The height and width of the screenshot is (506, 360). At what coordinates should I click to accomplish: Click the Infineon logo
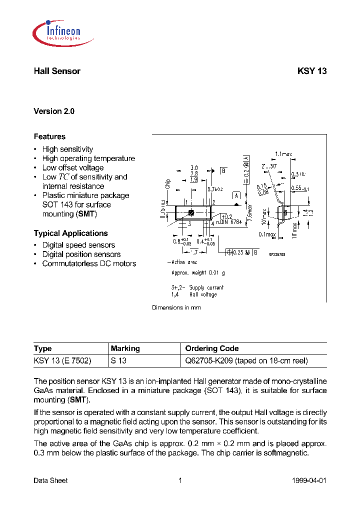(x=56, y=31)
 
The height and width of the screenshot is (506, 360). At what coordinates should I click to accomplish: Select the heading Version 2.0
(x=54, y=111)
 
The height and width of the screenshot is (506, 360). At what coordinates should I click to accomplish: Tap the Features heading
(x=49, y=136)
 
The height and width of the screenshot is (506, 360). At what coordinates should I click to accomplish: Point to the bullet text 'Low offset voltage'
(x=73, y=168)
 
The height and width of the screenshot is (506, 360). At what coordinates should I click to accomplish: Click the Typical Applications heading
(x=70, y=233)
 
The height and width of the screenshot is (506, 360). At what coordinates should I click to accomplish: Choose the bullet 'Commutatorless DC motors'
(x=89, y=263)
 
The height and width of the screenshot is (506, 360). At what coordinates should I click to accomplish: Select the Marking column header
(x=125, y=348)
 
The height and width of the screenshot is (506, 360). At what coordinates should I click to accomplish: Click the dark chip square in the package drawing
(x=191, y=213)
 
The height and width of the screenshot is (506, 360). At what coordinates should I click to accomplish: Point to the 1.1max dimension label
(x=283, y=154)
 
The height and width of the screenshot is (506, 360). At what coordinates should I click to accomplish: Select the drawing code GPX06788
(x=276, y=254)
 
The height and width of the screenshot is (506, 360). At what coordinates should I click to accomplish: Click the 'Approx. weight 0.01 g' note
(x=198, y=273)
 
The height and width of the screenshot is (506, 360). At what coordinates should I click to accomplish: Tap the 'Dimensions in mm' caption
(x=176, y=308)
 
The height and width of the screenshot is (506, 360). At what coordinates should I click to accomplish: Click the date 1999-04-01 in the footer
(x=309, y=480)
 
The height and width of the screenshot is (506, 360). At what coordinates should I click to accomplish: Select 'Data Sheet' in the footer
(x=50, y=480)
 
